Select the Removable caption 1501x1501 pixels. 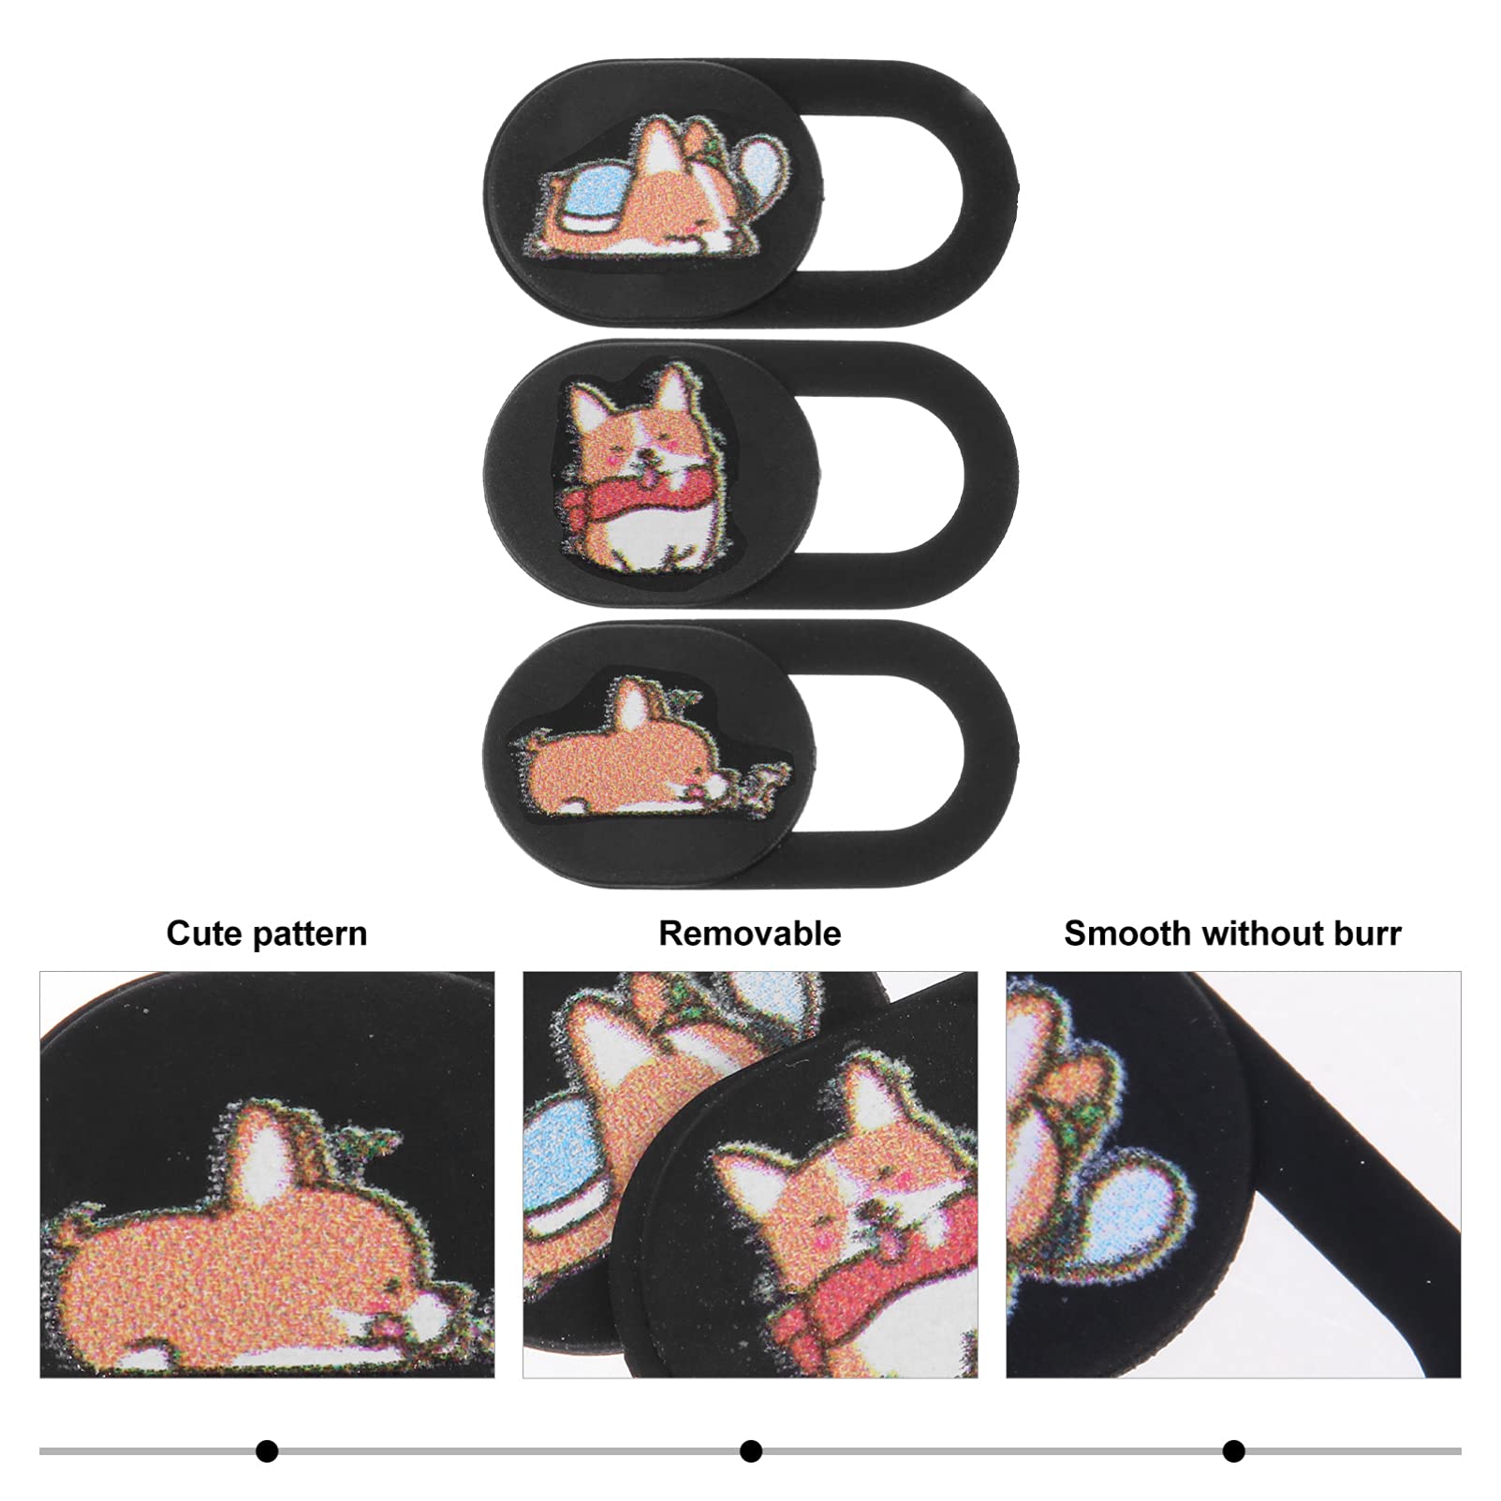pyautogui.click(x=750, y=934)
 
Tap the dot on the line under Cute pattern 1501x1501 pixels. pyautogui.click(x=267, y=1451)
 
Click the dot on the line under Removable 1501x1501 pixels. pyautogui.click(x=750, y=1451)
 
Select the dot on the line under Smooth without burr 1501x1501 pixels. pyautogui.click(x=1233, y=1451)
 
